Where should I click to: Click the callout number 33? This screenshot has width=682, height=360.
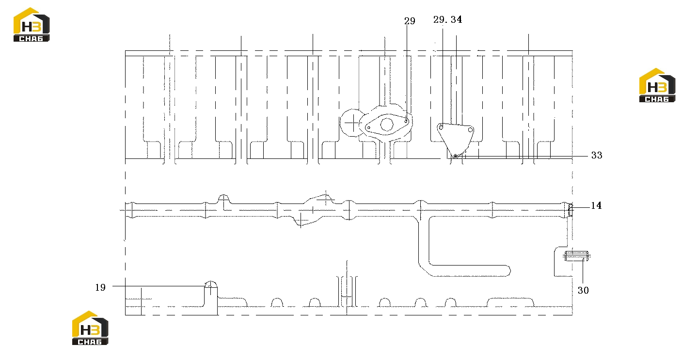pyautogui.click(x=596, y=155)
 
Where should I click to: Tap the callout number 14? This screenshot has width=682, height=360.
pyautogui.click(x=596, y=206)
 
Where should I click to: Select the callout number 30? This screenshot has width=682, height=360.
pyautogui.click(x=583, y=290)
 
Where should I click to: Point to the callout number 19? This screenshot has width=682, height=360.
pyautogui.click(x=100, y=287)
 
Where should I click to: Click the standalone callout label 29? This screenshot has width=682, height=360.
pyautogui.click(x=410, y=21)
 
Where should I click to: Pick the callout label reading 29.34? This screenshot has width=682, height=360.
pyautogui.click(x=447, y=19)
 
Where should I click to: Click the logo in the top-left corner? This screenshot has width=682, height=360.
pyautogui.click(x=32, y=25)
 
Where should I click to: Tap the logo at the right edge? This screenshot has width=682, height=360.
pyautogui.click(x=657, y=85)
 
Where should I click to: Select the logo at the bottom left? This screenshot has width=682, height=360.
pyautogui.click(x=90, y=328)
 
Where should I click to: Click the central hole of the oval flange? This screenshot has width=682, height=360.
pyautogui.click(x=387, y=125)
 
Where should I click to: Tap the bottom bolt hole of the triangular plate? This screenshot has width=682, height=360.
pyautogui.click(x=455, y=156)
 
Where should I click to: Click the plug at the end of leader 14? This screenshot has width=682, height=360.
pyautogui.click(x=570, y=210)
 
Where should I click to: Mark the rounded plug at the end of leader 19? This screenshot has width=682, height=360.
pyautogui.click(x=211, y=284)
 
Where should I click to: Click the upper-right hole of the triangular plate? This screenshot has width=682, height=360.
pyautogui.click(x=470, y=130)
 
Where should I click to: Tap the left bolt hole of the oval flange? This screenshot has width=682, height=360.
pyautogui.click(x=369, y=128)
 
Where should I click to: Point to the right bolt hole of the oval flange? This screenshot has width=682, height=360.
pyautogui.click(x=406, y=121)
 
